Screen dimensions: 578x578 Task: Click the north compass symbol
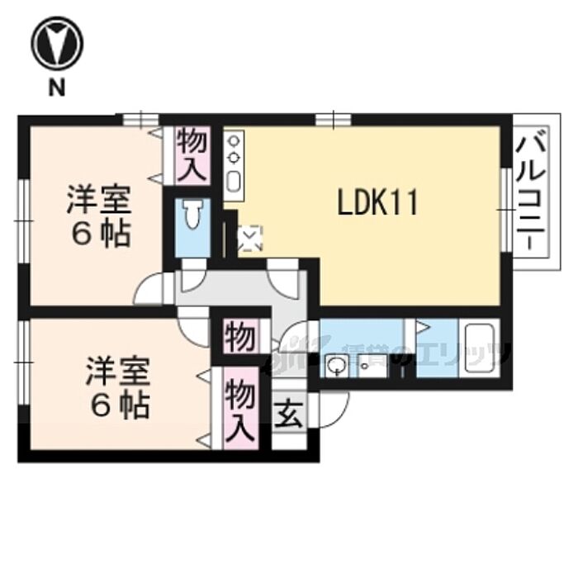56,45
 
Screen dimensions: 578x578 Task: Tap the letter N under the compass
56,89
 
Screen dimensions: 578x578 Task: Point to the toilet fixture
193,217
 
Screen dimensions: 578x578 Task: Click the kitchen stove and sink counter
234,165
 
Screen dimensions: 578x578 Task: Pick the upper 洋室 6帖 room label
98,216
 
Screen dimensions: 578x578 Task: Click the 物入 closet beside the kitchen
192,155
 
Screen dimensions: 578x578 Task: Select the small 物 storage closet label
239,337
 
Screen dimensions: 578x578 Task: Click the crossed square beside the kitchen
249,239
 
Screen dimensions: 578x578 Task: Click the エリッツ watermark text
462,357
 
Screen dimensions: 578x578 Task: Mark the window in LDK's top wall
332,119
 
